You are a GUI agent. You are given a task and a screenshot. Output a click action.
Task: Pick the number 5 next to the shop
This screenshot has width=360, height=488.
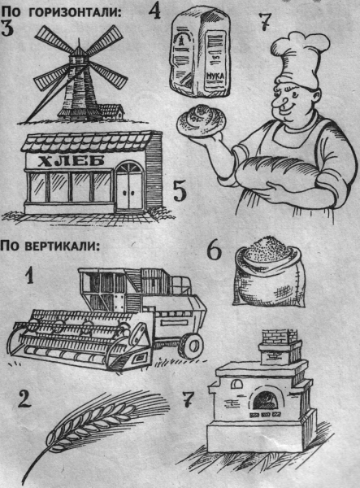pyautogui.click(x=181, y=194)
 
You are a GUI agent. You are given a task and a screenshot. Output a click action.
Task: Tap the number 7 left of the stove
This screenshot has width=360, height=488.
pyautogui.click(x=188, y=401)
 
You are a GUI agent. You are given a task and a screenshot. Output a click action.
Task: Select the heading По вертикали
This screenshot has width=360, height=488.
pyautogui.click(x=50, y=246)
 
